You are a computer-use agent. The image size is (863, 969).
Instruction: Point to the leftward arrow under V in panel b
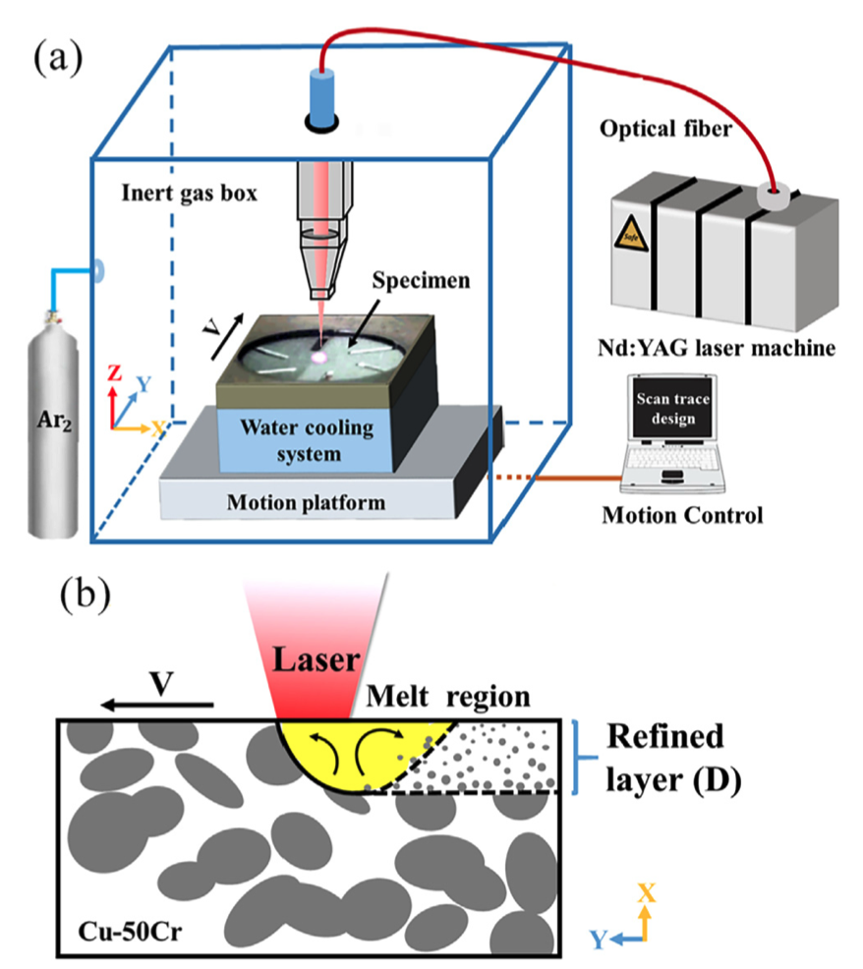tap(158, 705)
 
